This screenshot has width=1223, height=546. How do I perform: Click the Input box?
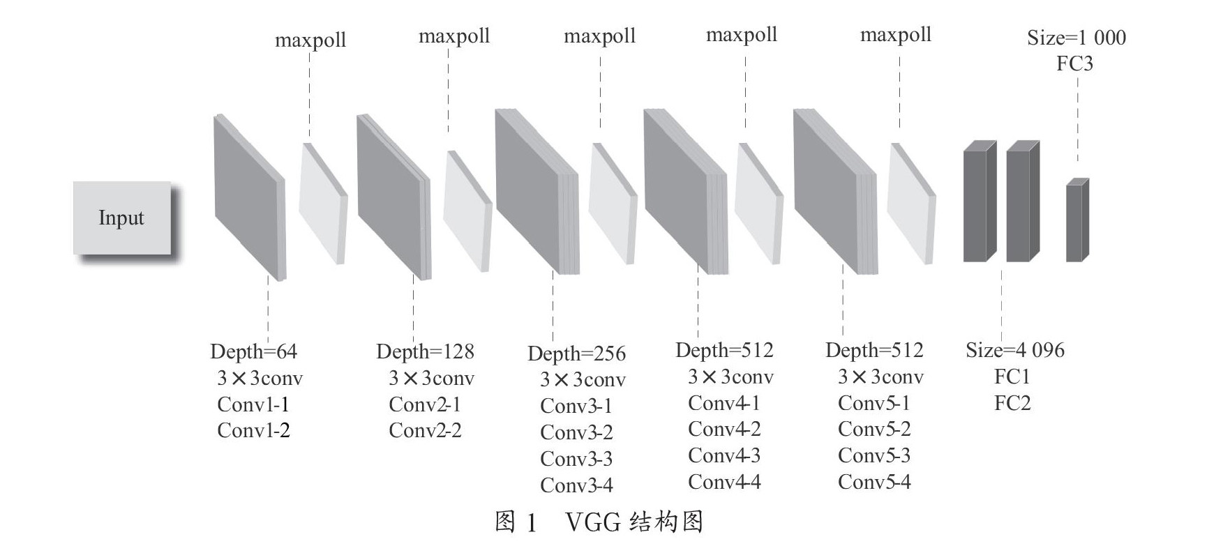pyautogui.click(x=122, y=218)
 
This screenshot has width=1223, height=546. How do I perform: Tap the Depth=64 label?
pyautogui.click(x=253, y=351)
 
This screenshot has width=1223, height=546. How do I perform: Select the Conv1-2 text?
pyautogui.click(x=253, y=431)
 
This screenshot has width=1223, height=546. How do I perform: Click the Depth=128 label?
pyautogui.click(x=425, y=351)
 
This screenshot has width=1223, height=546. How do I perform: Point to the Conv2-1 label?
pyautogui.click(x=424, y=404)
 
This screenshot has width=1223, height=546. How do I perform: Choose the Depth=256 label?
pyautogui.click(x=576, y=354)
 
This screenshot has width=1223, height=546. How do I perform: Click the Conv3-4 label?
pyautogui.click(x=576, y=485)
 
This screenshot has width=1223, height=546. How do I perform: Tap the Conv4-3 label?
pyautogui.click(x=724, y=456)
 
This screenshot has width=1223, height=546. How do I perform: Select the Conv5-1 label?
pyautogui.click(x=874, y=404)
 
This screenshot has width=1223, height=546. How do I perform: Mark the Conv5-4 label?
pyautogui.click(x=874, y=483)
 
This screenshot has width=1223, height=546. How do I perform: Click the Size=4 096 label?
pyautogui.click(x=1015, y=350)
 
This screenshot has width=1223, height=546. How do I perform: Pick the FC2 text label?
pyautogui.click(x=1012, y=404)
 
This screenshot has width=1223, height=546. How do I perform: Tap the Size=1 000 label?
pyautogui.click(x=1076, y=38)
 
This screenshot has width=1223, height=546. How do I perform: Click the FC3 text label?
pyautogui.click(x=1074, y=64)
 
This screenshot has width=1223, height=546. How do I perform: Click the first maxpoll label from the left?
pyautogui.click(x=310, y=40)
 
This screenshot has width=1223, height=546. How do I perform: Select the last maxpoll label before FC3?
pyautogui.click(x=896, y=35)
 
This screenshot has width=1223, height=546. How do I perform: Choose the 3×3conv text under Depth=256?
pyautogui.click(x=583, y=380)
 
